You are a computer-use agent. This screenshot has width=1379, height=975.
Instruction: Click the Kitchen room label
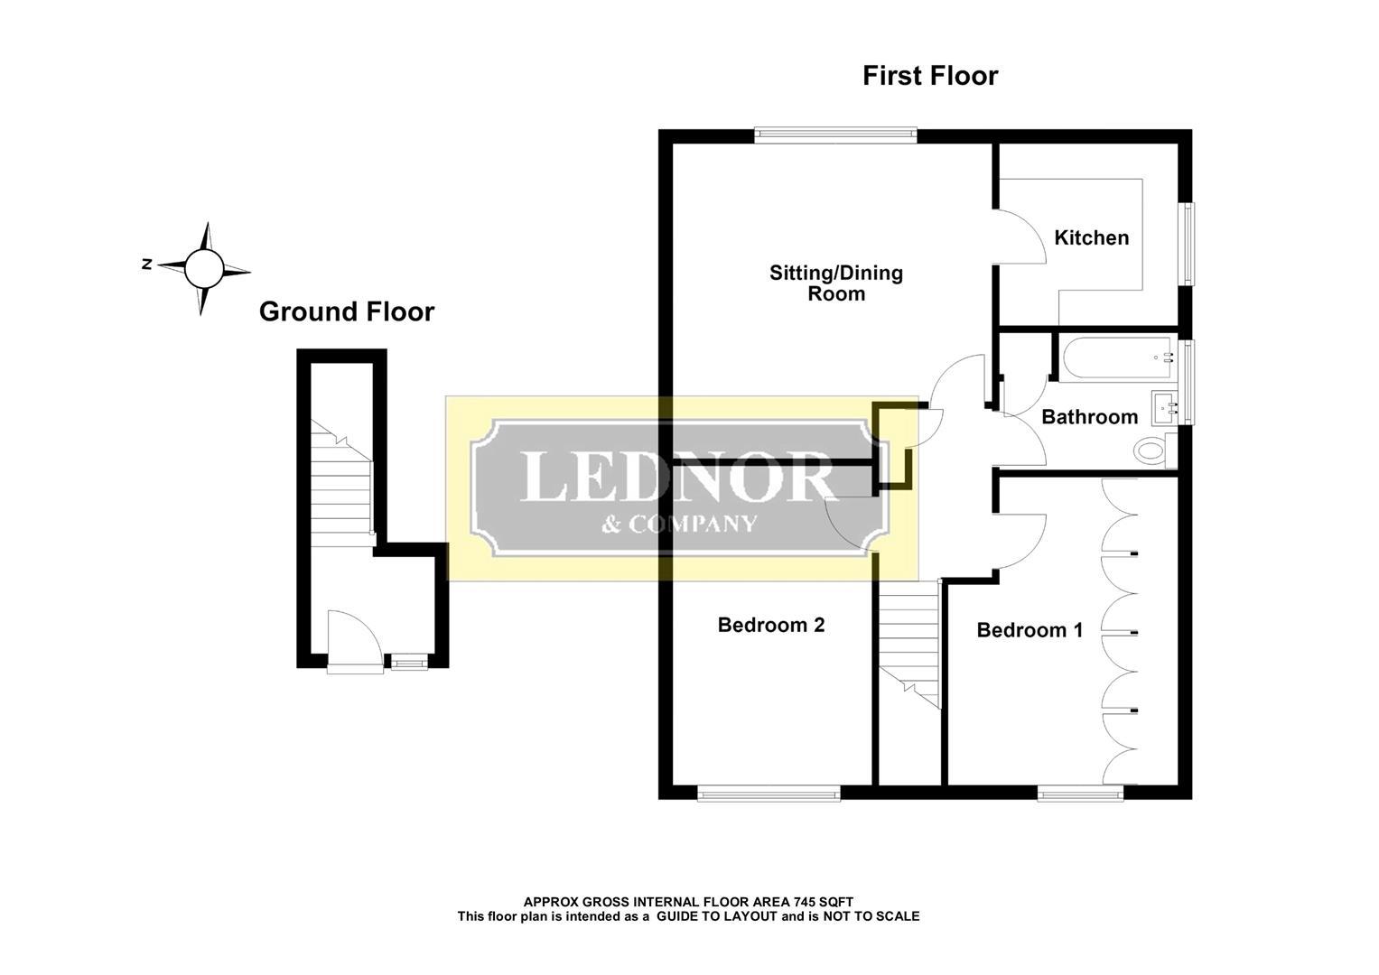[x=1092, y=237]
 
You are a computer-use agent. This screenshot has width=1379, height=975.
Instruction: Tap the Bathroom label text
[x=1090, y=417]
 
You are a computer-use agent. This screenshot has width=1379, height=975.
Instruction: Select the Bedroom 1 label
[x=1030, y=630]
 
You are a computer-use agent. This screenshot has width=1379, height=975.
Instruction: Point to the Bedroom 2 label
[x=770, y=625]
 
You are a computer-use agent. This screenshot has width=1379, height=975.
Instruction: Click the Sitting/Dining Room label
[x=836, y=283]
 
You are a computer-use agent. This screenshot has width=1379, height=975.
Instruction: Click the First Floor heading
[x=930, y=76]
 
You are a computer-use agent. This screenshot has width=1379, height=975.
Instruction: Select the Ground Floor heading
[x=347, y=311]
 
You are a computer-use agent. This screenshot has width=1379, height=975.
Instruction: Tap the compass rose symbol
[x=204, y=269]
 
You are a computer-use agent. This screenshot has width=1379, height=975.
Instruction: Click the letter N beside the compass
[x=146, y=264]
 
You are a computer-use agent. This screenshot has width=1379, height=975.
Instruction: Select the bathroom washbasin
[x=1164, y=406]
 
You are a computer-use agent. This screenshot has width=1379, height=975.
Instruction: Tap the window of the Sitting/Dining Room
[x=836, y=135]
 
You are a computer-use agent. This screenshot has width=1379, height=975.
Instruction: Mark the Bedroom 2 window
[x=769, y=793]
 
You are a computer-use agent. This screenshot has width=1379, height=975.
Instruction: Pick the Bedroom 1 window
[x=1080, y=793]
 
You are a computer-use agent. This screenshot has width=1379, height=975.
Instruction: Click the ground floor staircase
[x=341, y=483]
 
